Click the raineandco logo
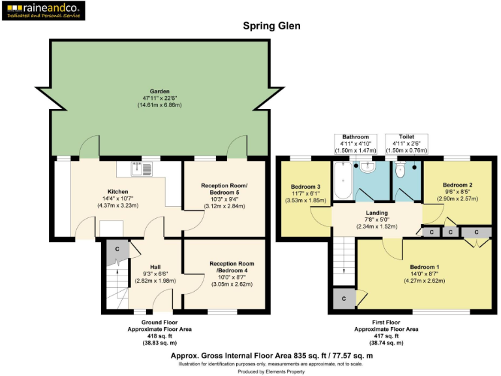click(42, 11)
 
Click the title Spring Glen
click(271, 26)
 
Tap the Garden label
click(160, 91)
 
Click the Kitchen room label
click(109, 192)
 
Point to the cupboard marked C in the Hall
click(117, 249)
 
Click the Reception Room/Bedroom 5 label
click(224, 189)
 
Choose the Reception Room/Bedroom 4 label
click(226, 267)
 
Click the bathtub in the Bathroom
click(342, 181)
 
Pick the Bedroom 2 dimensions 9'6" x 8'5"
click(457, 192)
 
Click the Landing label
click(376, 213)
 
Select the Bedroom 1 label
click(424, 267)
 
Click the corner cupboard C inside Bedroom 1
click(344, 298)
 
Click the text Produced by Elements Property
click(271, 371)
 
